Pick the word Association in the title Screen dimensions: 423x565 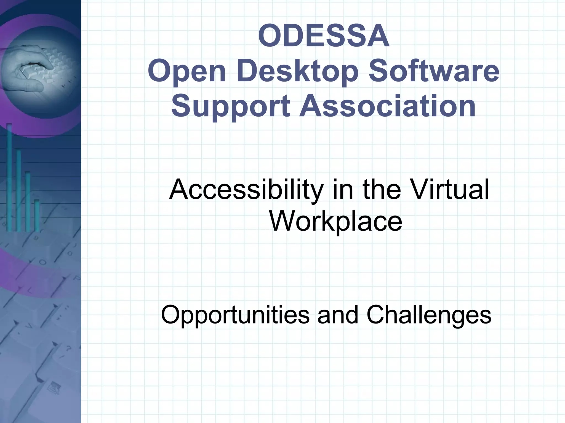(388, 106)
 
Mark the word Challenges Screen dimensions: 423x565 (429, 315)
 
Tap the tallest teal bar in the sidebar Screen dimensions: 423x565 (9, 176)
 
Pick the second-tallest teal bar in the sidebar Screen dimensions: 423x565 (18, 190)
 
